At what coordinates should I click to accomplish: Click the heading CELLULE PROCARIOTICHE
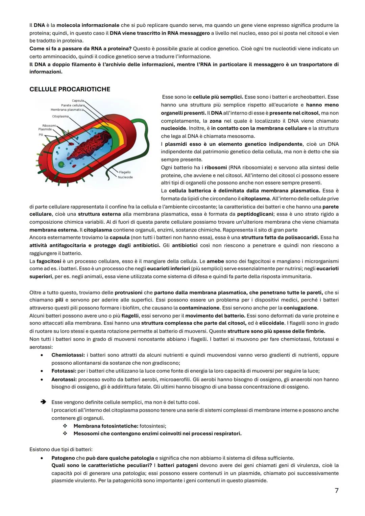click(x=70, y=89)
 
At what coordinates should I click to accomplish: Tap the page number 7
click(x=336, y=491)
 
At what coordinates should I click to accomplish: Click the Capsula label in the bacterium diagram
click(x=78, y=101)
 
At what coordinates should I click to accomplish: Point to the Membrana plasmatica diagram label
click(x=67, y=110)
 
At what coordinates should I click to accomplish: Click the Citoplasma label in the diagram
click(x=60, y=117)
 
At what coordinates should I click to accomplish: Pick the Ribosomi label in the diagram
click(x=49, y=126)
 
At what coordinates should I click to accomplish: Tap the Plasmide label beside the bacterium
click(x=45, y=129)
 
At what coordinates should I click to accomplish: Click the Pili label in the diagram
click(x=41, y=135)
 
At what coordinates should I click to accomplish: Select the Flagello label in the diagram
click(x=125, y=172)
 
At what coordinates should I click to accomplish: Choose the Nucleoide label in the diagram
click(x=125, y=177)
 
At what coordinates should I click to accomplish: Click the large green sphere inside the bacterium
click(x=61, y=165)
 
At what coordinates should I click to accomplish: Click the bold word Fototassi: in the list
click(x=64, y=371)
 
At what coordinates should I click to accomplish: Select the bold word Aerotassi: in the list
click(x=64, y=379)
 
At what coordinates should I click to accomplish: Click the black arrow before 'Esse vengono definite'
click(x=43, y=402)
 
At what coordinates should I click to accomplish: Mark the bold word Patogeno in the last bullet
click(x=63, y=458)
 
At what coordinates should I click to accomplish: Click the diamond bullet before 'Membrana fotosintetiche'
click(x=65, y=426)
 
